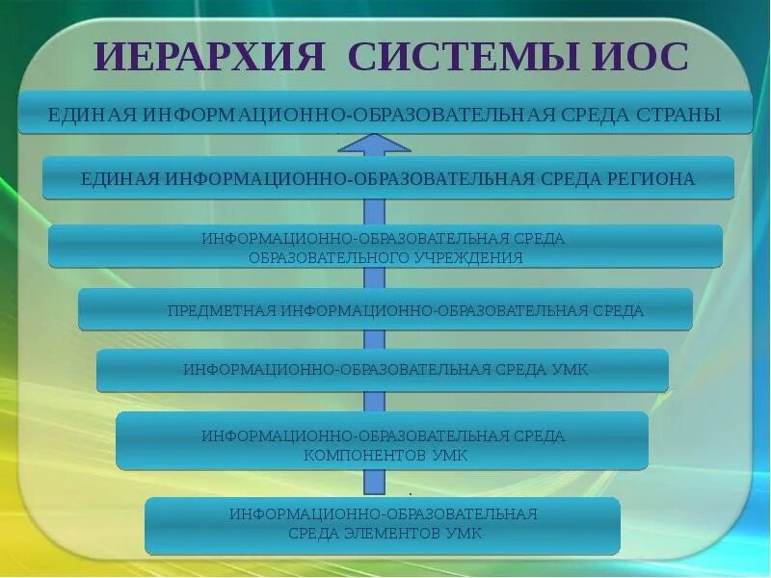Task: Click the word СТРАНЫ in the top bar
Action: click(x=678, y=116)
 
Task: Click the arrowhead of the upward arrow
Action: click(x=374, y=145)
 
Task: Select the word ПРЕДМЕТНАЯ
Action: click(x=221, y=311)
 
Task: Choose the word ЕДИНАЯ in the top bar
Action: click(x=93, y=116)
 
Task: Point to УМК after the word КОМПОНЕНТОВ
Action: click(x=448, y=456)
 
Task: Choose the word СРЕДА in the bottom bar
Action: click(x=310, y=533)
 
